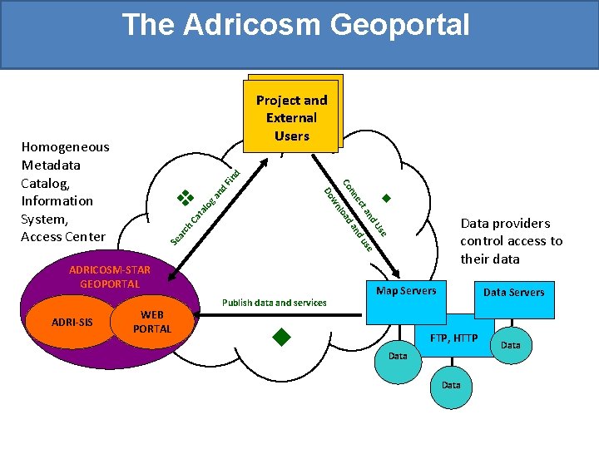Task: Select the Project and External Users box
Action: click(291, 117)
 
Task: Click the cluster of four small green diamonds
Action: click(185, 198)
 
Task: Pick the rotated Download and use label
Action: click(347, 218)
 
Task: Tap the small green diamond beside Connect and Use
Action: click(386, 199)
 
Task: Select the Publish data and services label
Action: click(274, 303)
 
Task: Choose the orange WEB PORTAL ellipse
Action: click(152, 322)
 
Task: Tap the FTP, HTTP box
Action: click(453, 338)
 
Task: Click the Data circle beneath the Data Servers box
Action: click(511, 344)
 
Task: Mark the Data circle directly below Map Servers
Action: click(398, 356)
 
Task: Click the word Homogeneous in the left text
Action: click(65, 147)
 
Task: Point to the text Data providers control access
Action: click(511, 241)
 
